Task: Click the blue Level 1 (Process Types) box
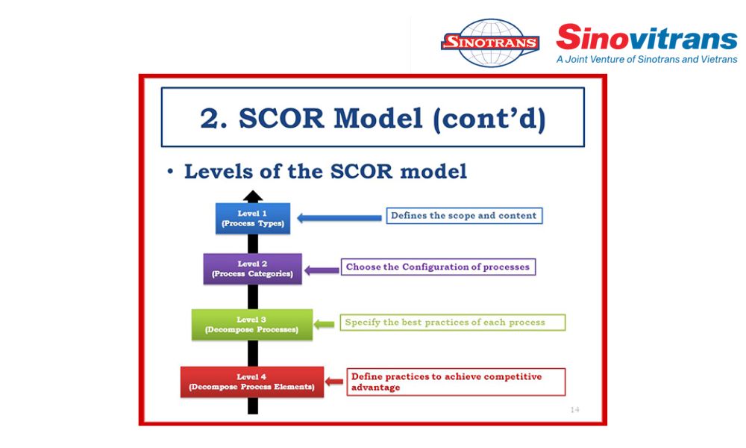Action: (253, 219)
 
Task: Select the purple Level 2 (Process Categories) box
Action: (252, 269)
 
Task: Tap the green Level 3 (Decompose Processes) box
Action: (252, 324)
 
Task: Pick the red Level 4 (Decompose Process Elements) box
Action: (252, 382)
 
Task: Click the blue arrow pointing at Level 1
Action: (339, 218)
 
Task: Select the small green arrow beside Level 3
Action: (325, 324)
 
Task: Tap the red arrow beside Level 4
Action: (335, 382)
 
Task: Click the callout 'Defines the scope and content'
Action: (463, 216)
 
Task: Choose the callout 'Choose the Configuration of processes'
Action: (438, 267)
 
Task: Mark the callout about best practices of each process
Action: (452, 323)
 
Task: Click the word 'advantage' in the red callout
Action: (375, 388)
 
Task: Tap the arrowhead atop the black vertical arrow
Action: (253, 196)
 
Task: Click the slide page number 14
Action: (574, 409)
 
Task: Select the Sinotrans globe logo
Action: (490, 43)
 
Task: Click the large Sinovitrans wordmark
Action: (646, 37)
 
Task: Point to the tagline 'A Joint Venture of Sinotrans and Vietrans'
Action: (646, 59)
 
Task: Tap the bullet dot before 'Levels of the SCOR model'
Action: (170, 172)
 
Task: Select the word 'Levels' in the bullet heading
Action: (213, 171)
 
